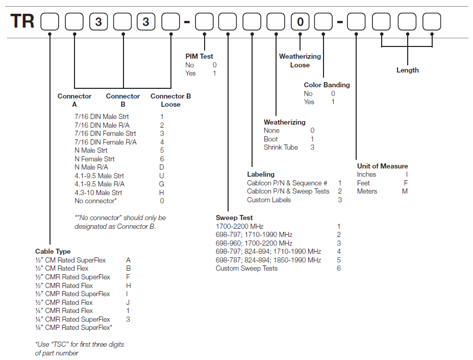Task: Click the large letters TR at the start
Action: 23,22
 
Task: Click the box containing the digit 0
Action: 301,22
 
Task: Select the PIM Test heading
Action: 200,57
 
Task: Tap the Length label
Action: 407,70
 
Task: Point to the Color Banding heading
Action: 327,85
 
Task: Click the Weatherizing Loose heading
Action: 300,61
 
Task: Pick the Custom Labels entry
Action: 269,200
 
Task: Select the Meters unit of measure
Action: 367,191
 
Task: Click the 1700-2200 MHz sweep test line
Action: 240,226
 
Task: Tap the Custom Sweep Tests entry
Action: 246,268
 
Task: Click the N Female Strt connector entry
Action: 94,159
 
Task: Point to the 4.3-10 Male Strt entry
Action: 98,193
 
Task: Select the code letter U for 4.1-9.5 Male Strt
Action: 162,176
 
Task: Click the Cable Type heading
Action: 53,252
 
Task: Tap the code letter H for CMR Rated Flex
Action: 129,285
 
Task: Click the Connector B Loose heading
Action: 171,100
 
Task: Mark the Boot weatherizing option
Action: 271,139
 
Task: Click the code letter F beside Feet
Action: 406,183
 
